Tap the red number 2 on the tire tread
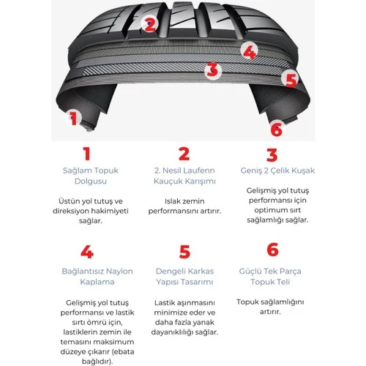(x=149, y=24)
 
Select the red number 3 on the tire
(x=212, y=70)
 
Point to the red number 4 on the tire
(x=250, y=52)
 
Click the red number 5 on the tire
(x=291, y=79)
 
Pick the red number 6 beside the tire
(x=276, y=130)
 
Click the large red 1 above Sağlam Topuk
(x=86, y=154)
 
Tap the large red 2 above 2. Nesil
(x=184, y=154)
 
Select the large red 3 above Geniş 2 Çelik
(x=272, y=154)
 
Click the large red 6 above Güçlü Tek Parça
(x=272, y=250)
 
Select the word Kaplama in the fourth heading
(x=86, y=282)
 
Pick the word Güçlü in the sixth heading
(x=252, y=271)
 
